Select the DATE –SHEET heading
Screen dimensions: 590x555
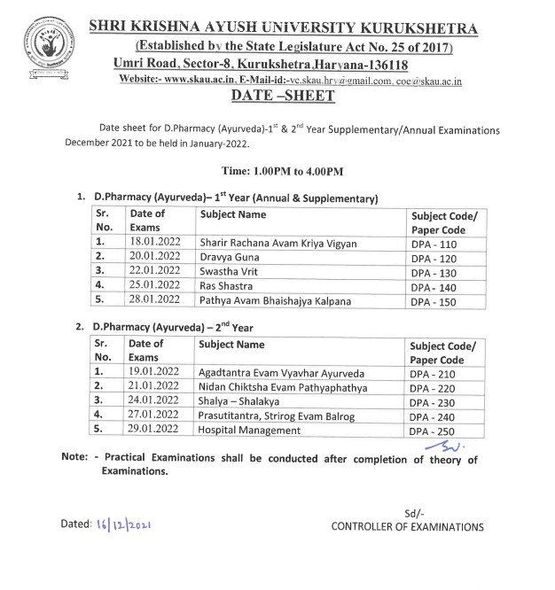(x=277, y=97)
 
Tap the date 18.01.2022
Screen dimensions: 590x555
(x=154, y=242)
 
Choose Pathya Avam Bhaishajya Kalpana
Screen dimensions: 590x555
(x=275, y=301)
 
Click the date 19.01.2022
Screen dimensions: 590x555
(x=154, y=372)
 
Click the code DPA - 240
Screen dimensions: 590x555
(x=434, y=416)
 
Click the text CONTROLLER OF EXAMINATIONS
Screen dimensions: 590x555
(x=407, y=527)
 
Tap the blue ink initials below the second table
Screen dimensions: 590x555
(x=438, y=446)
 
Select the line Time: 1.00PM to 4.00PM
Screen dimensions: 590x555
(x=277, y=170)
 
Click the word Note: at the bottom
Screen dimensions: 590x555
(x=74, y=459)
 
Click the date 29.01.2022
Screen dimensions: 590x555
(x=154, y=431)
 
